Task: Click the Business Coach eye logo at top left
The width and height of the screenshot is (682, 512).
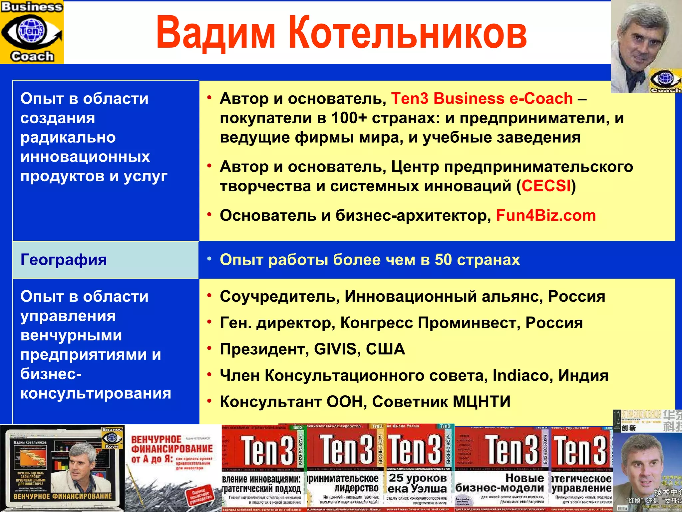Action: pos(32,32)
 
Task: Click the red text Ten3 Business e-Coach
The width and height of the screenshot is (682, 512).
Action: pos(482,99)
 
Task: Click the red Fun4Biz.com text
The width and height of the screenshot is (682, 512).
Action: pos(546,216)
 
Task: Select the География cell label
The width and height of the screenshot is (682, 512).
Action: pos(64,260)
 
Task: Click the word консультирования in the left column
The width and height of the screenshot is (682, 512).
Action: pos(96,394)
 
